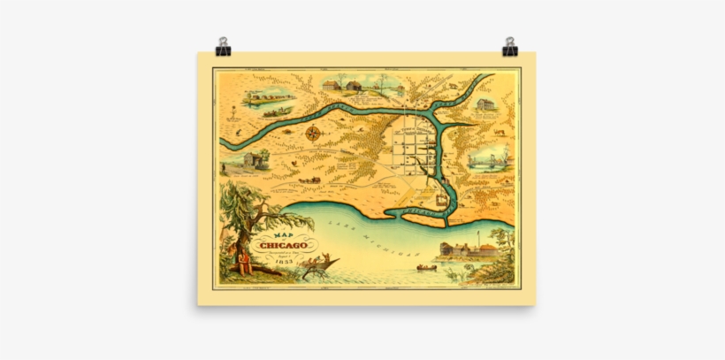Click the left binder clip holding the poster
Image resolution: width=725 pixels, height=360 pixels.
[x=223, y=46]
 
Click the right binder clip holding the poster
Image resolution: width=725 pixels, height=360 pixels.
[x=510, y=46]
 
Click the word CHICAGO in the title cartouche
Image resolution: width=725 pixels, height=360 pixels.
[x=285, y=244]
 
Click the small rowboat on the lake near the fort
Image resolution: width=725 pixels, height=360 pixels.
[x=427, y=266]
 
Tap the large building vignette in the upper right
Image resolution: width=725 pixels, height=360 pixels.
[x=485, y=105]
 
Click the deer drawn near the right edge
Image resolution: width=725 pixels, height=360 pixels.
[x=500, y=134]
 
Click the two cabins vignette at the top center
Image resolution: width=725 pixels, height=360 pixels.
[x=341, y=85]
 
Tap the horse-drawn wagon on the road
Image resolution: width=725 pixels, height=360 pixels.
[x=309, y=180]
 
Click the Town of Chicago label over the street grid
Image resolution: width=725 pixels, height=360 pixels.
[x=415, y=129]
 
